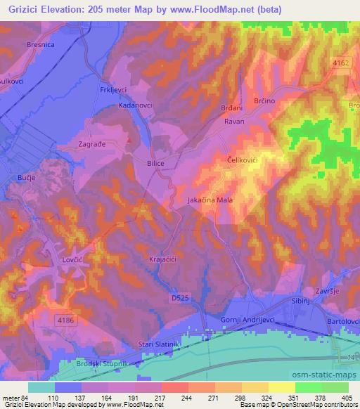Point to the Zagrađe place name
[x=91, y=145]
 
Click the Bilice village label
[x=155, y=162]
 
